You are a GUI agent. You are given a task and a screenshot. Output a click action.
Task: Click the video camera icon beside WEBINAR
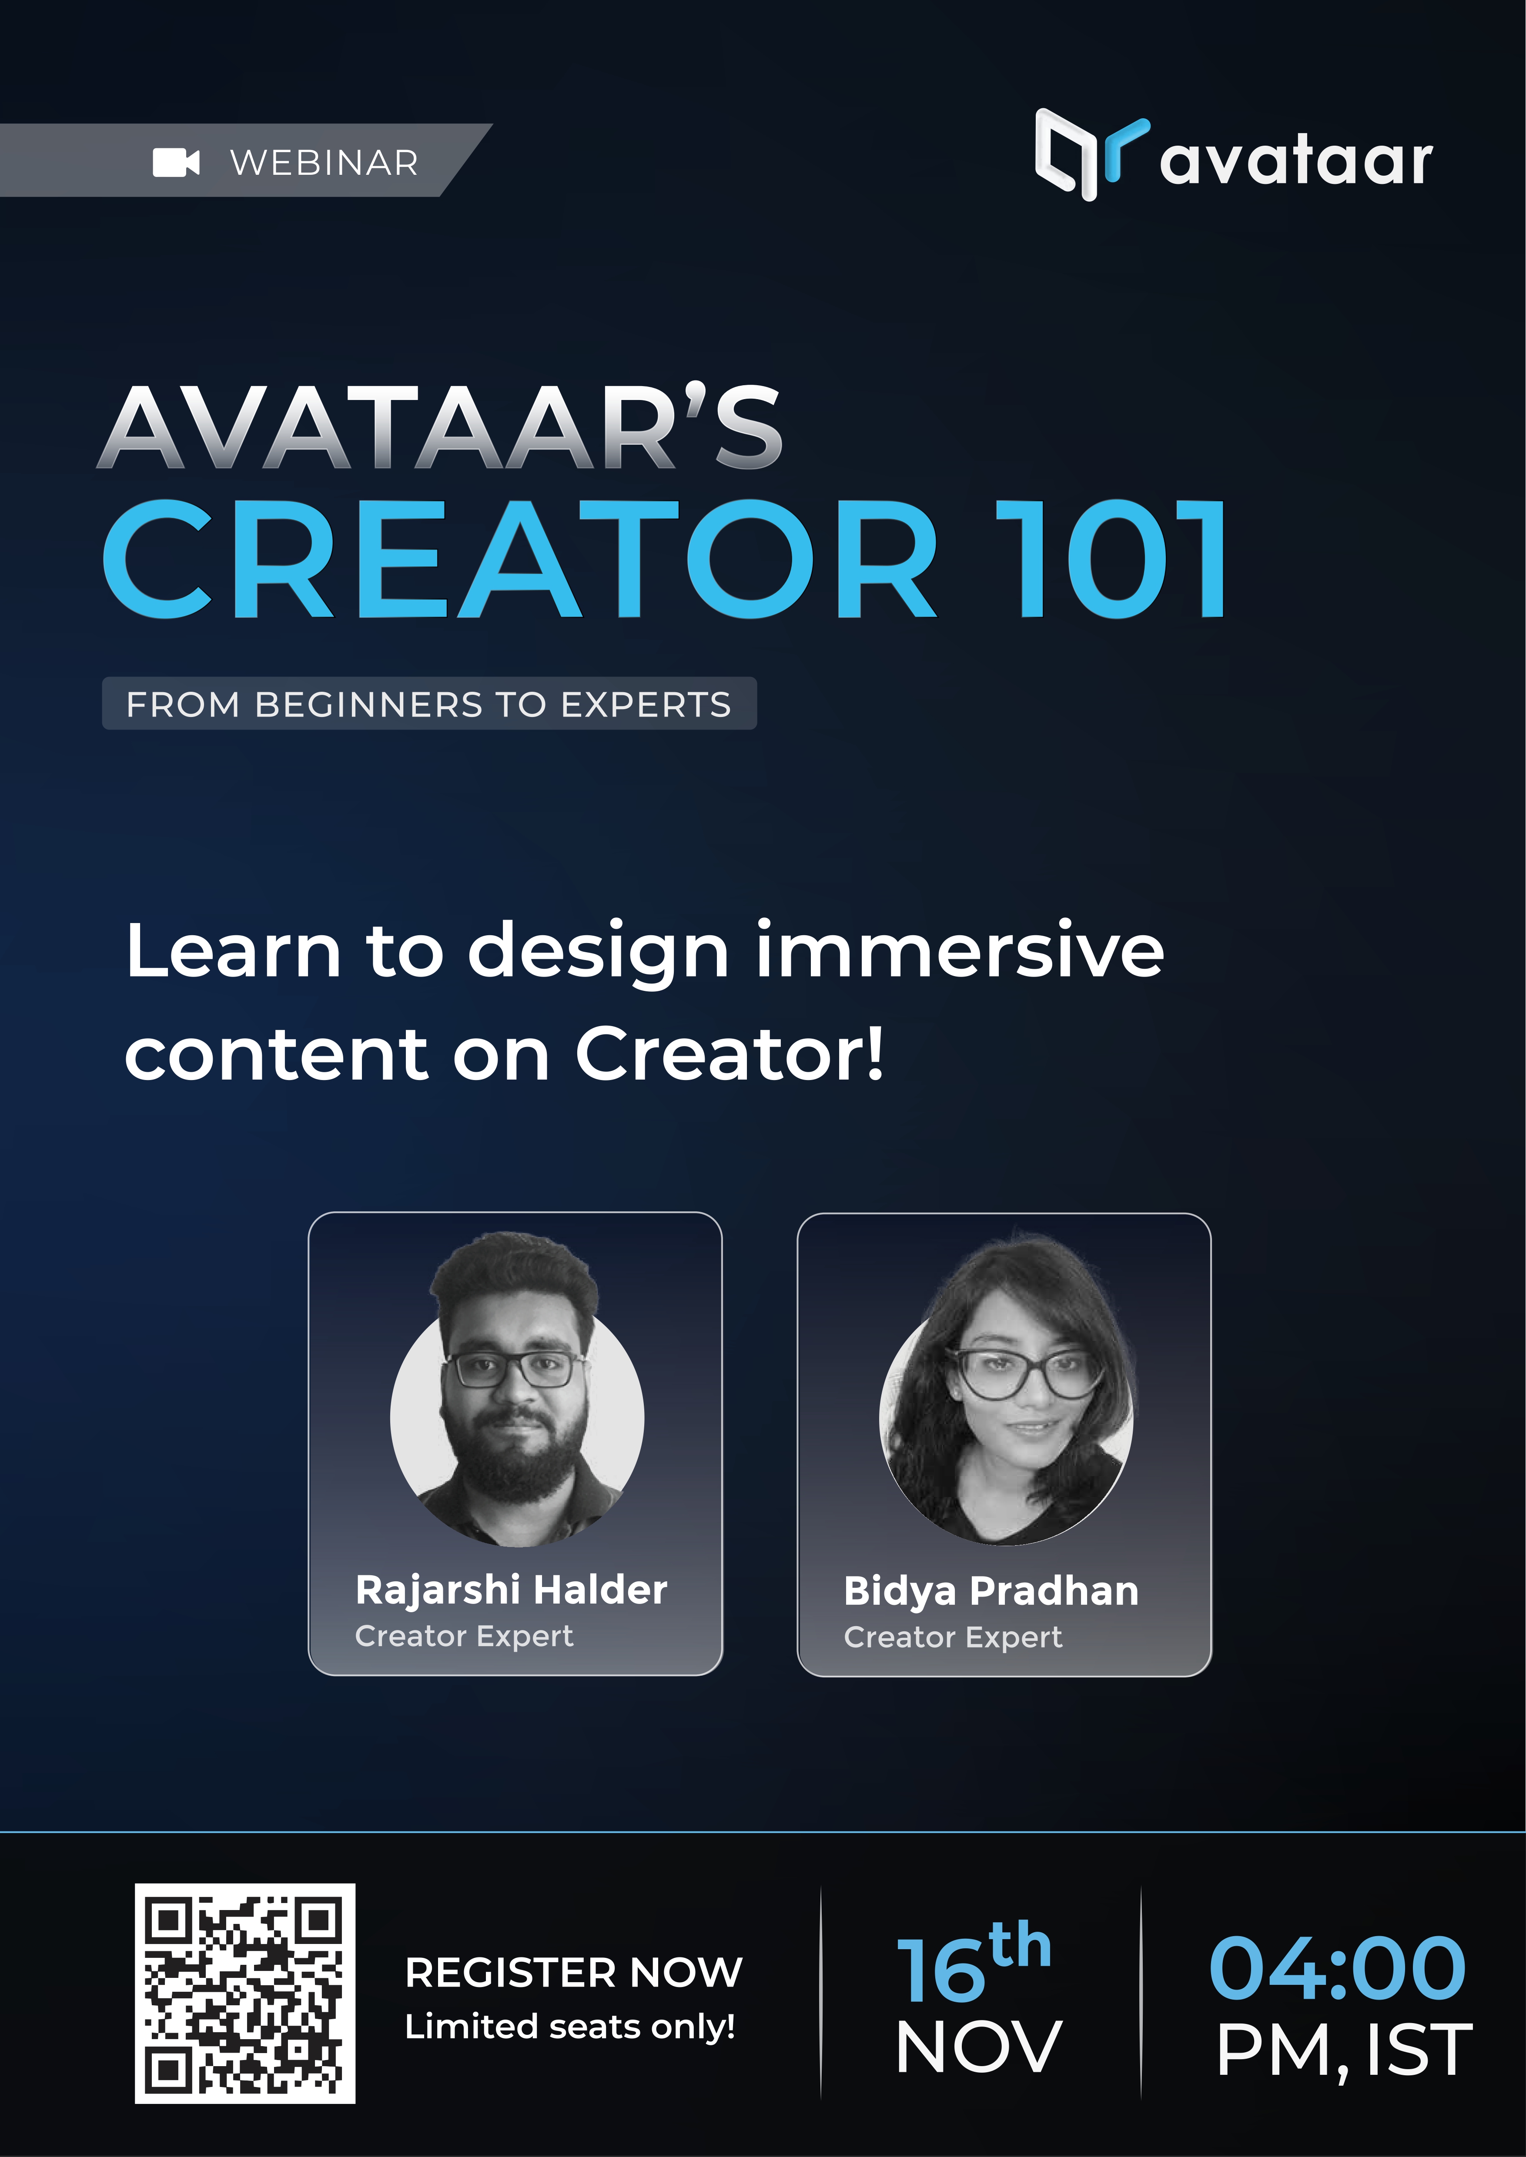pos(176,163)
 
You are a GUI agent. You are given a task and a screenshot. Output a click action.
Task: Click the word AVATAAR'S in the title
pos(440,427)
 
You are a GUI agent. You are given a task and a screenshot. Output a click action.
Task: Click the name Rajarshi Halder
pos(511,1590)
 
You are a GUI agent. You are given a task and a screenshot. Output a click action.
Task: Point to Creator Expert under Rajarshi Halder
pos(464,1636)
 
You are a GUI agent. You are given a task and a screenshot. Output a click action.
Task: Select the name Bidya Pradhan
pos(991,1590)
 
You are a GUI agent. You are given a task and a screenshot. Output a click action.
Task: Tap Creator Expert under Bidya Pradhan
pos(953,1637)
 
